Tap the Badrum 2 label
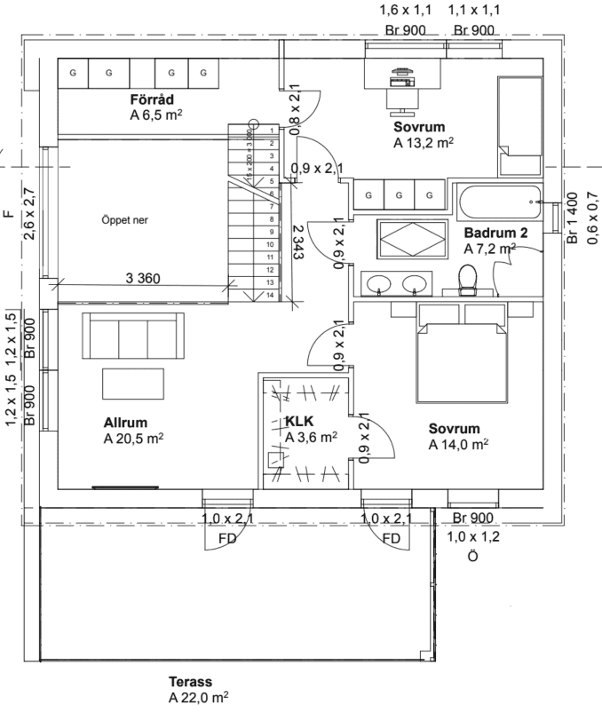click(494, 233)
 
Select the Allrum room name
click(123, 423)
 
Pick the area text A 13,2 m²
click(424, 140)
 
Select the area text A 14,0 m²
click(457, 444)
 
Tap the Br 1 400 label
click(573, 218)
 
